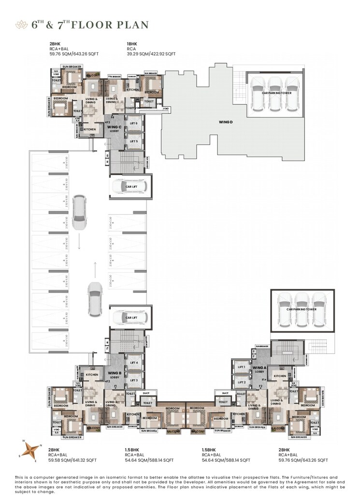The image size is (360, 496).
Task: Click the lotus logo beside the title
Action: pos(22,24)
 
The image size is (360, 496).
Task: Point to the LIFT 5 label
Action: pos(134,141)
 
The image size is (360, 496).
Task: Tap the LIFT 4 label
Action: pos(134,363)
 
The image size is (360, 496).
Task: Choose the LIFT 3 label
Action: pos(134,380)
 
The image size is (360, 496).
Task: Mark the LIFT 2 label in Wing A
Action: pos(242,382)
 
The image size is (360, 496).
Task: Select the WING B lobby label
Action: pos(114,375)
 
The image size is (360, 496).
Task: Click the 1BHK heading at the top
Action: pos(131,44)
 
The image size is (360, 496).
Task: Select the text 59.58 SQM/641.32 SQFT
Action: pos(72,460)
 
